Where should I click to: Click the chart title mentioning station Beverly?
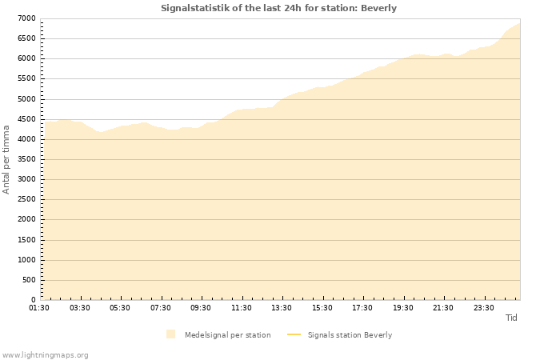(278, 8)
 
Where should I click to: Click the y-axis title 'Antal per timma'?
(6, 158)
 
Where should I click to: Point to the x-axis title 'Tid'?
(511, 318)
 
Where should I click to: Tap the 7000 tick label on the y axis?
(26, 18)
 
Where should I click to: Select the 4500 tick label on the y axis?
(26, 119)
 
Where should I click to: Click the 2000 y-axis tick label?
(26, 220)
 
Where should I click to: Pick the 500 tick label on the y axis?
(29, 280)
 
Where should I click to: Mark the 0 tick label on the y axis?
(34, 300)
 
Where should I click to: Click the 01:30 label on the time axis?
(40, 308)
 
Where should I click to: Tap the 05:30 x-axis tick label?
(120, 308)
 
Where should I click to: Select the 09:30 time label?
(201, 308)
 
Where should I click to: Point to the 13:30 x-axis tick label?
(282, 308)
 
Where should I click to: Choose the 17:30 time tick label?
(362, 308)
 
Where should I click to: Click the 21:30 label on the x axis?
(443, 308)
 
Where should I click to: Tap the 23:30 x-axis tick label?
(483, 308)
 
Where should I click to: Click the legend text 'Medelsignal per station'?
(227, 334)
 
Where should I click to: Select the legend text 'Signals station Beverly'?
(350, 334)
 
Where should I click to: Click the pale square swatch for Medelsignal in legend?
(170, 334)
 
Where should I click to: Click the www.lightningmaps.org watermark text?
(46, 354)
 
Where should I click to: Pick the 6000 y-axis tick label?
(26, 58)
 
